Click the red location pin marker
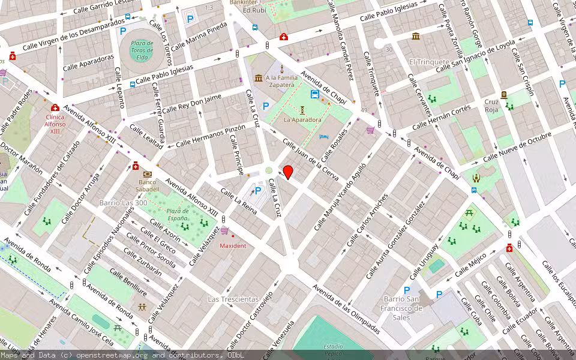point(288,172)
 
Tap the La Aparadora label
point(302,119)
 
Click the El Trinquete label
point(429,62)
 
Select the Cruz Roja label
point(491,106)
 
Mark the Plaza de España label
point(178,214)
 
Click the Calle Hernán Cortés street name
point(442,117)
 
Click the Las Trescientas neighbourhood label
point(233,299)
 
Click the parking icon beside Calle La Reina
point(259,191)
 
